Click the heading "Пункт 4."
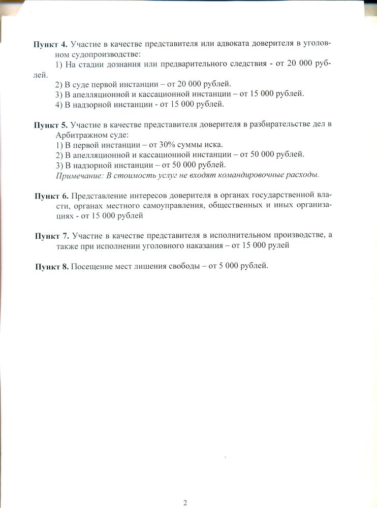click(x=50, y=44)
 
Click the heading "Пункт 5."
click(x=50, y=124)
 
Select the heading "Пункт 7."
click(x=52, y=236)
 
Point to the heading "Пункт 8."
click(x=52, y=267)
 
